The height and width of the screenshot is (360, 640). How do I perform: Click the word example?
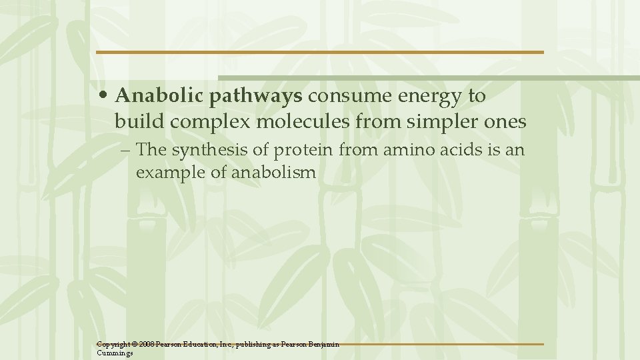(167, 173)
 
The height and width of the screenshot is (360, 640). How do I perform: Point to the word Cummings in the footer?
(115, 353)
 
